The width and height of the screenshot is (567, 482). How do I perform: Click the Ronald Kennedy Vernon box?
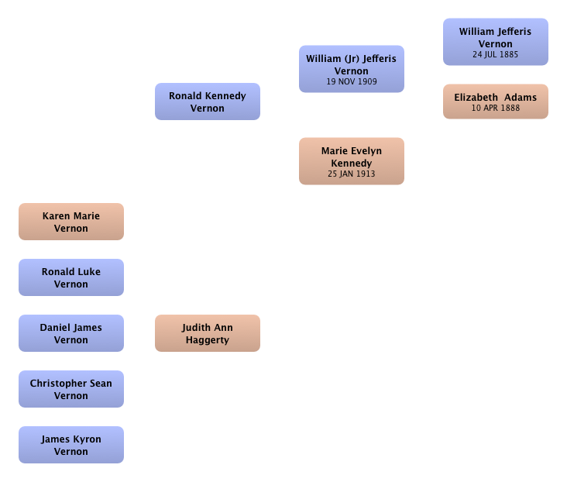pyautogui.click(x=208, y=102)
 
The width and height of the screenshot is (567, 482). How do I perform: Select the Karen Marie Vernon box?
pyautogui.click(x=71, y=222)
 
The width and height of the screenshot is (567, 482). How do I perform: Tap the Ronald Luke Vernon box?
pyautogui.click(x=71, y=277)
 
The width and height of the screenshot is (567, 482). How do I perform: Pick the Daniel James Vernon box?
pyautogui.click(x=71, y=333)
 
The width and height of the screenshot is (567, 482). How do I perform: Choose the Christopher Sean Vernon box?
pyautogui.click(x=71, y=389)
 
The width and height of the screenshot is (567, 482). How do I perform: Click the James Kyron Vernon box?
pyautogui.click(x=71, y=444)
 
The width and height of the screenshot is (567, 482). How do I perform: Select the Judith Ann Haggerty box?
pyautogui.click(x=208, y=333)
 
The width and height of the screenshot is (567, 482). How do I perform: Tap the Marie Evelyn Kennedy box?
pyautogui.click(x=352, y=161)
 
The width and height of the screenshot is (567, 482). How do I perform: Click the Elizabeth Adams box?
pyautogui.click(x=496, y=102)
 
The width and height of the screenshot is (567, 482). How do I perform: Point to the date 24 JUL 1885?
pyautogui.click(x=496, y=54)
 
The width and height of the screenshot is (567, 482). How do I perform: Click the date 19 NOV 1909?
pyautogui.click(x=352, y=81)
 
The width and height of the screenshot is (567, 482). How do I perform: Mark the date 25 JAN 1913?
pyautogui.click(x=352, y=174)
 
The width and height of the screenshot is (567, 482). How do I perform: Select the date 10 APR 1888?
pyautogui.click(x=496, y=108)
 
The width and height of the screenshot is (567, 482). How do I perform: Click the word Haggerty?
pyautogui.click(x=208, y=340)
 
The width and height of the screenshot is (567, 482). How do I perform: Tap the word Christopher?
pyautogui.click(x=59, y=384)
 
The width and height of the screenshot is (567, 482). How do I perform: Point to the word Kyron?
pyautogui.click(x=88, y=439)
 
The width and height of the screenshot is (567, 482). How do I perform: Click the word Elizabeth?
pyautogui.click(x=476, y=98)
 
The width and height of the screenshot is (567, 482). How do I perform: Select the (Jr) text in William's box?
pyautogui.click(x=352, y=59)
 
